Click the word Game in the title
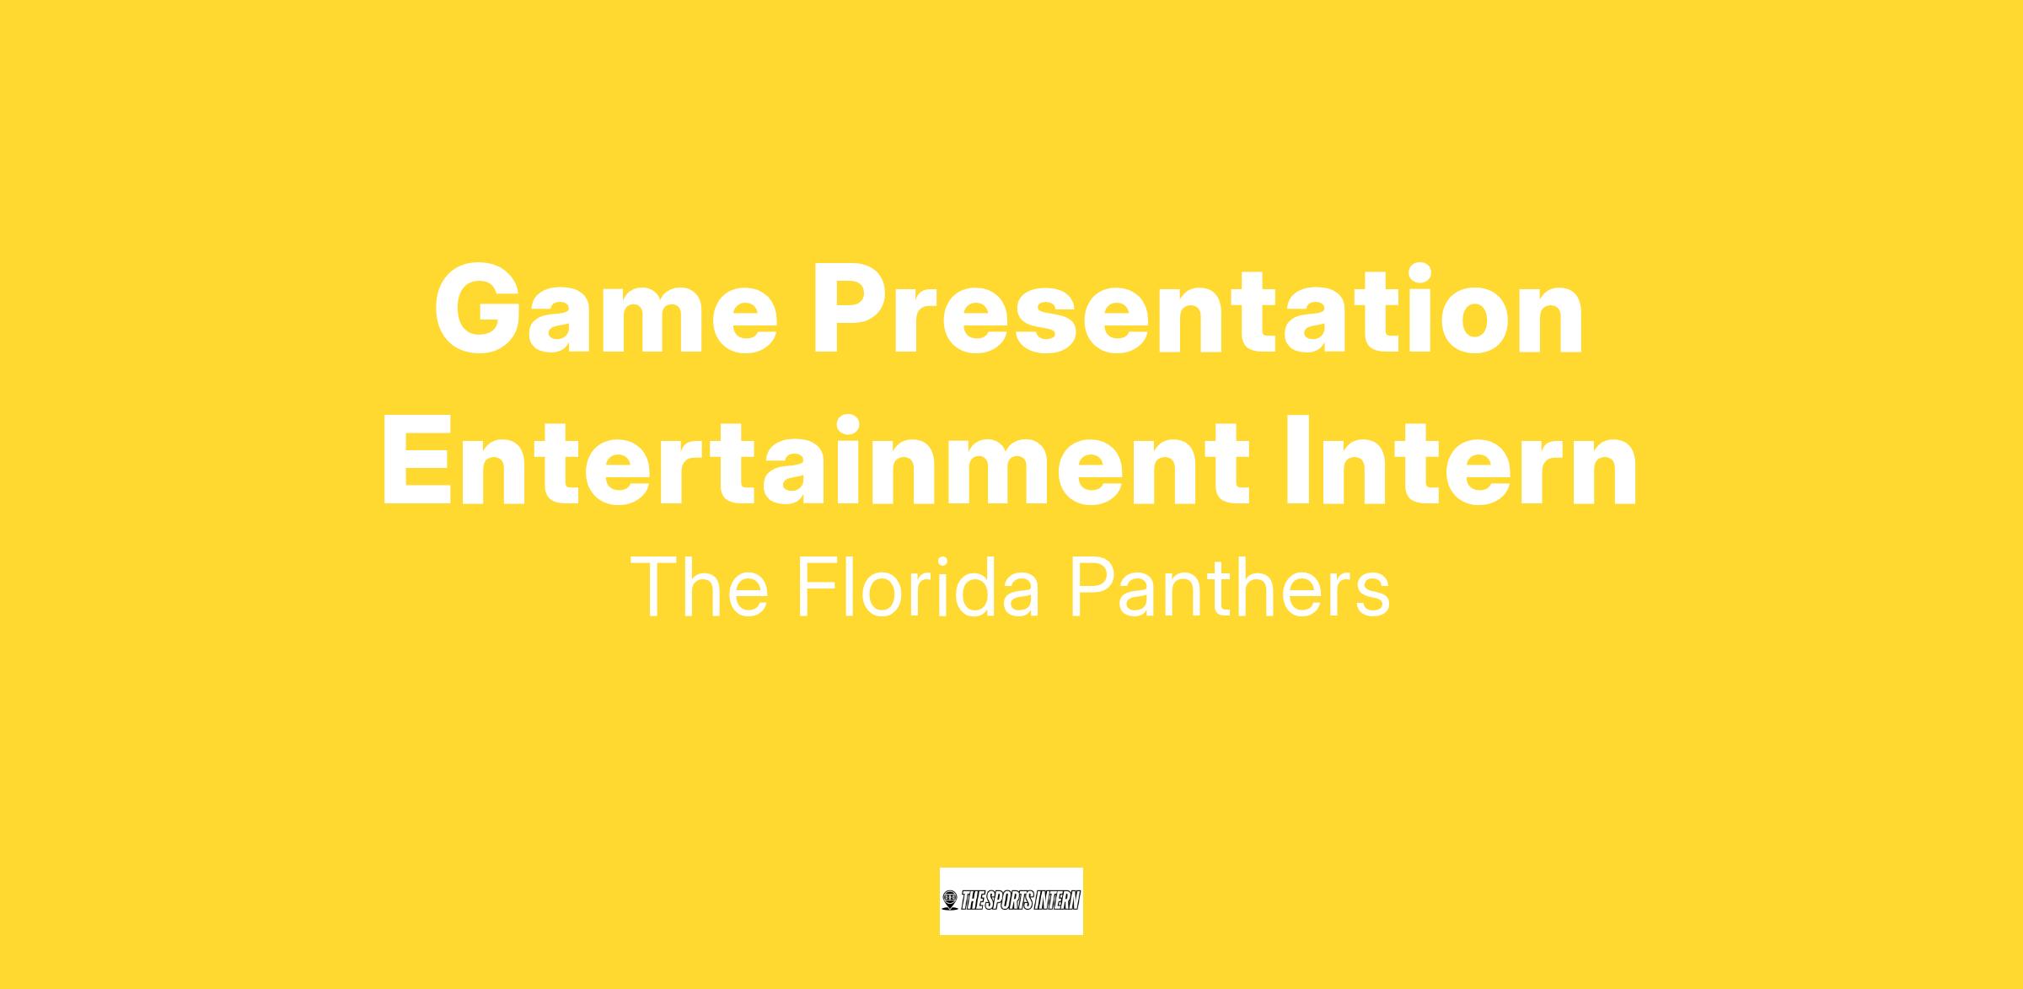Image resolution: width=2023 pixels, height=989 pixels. tap(605, 309)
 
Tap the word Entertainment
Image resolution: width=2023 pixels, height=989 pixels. tap(817, 461)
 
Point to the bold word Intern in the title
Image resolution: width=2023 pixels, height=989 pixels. tap(1462, 461)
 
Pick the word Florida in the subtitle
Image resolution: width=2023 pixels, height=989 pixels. tap(919, 587)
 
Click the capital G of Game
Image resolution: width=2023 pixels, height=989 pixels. tap(480, 309)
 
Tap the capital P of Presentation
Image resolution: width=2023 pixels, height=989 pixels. tap(853, 309)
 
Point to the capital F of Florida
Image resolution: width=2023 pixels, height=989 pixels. tap(817, 587)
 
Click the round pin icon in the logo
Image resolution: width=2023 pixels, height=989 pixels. tap(950, 900)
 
